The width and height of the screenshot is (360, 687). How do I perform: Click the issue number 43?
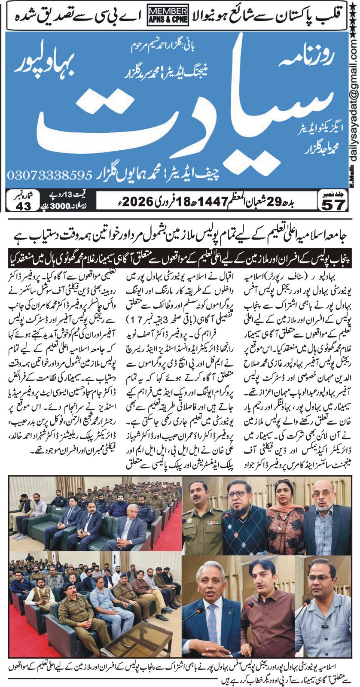tap(23, 206)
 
